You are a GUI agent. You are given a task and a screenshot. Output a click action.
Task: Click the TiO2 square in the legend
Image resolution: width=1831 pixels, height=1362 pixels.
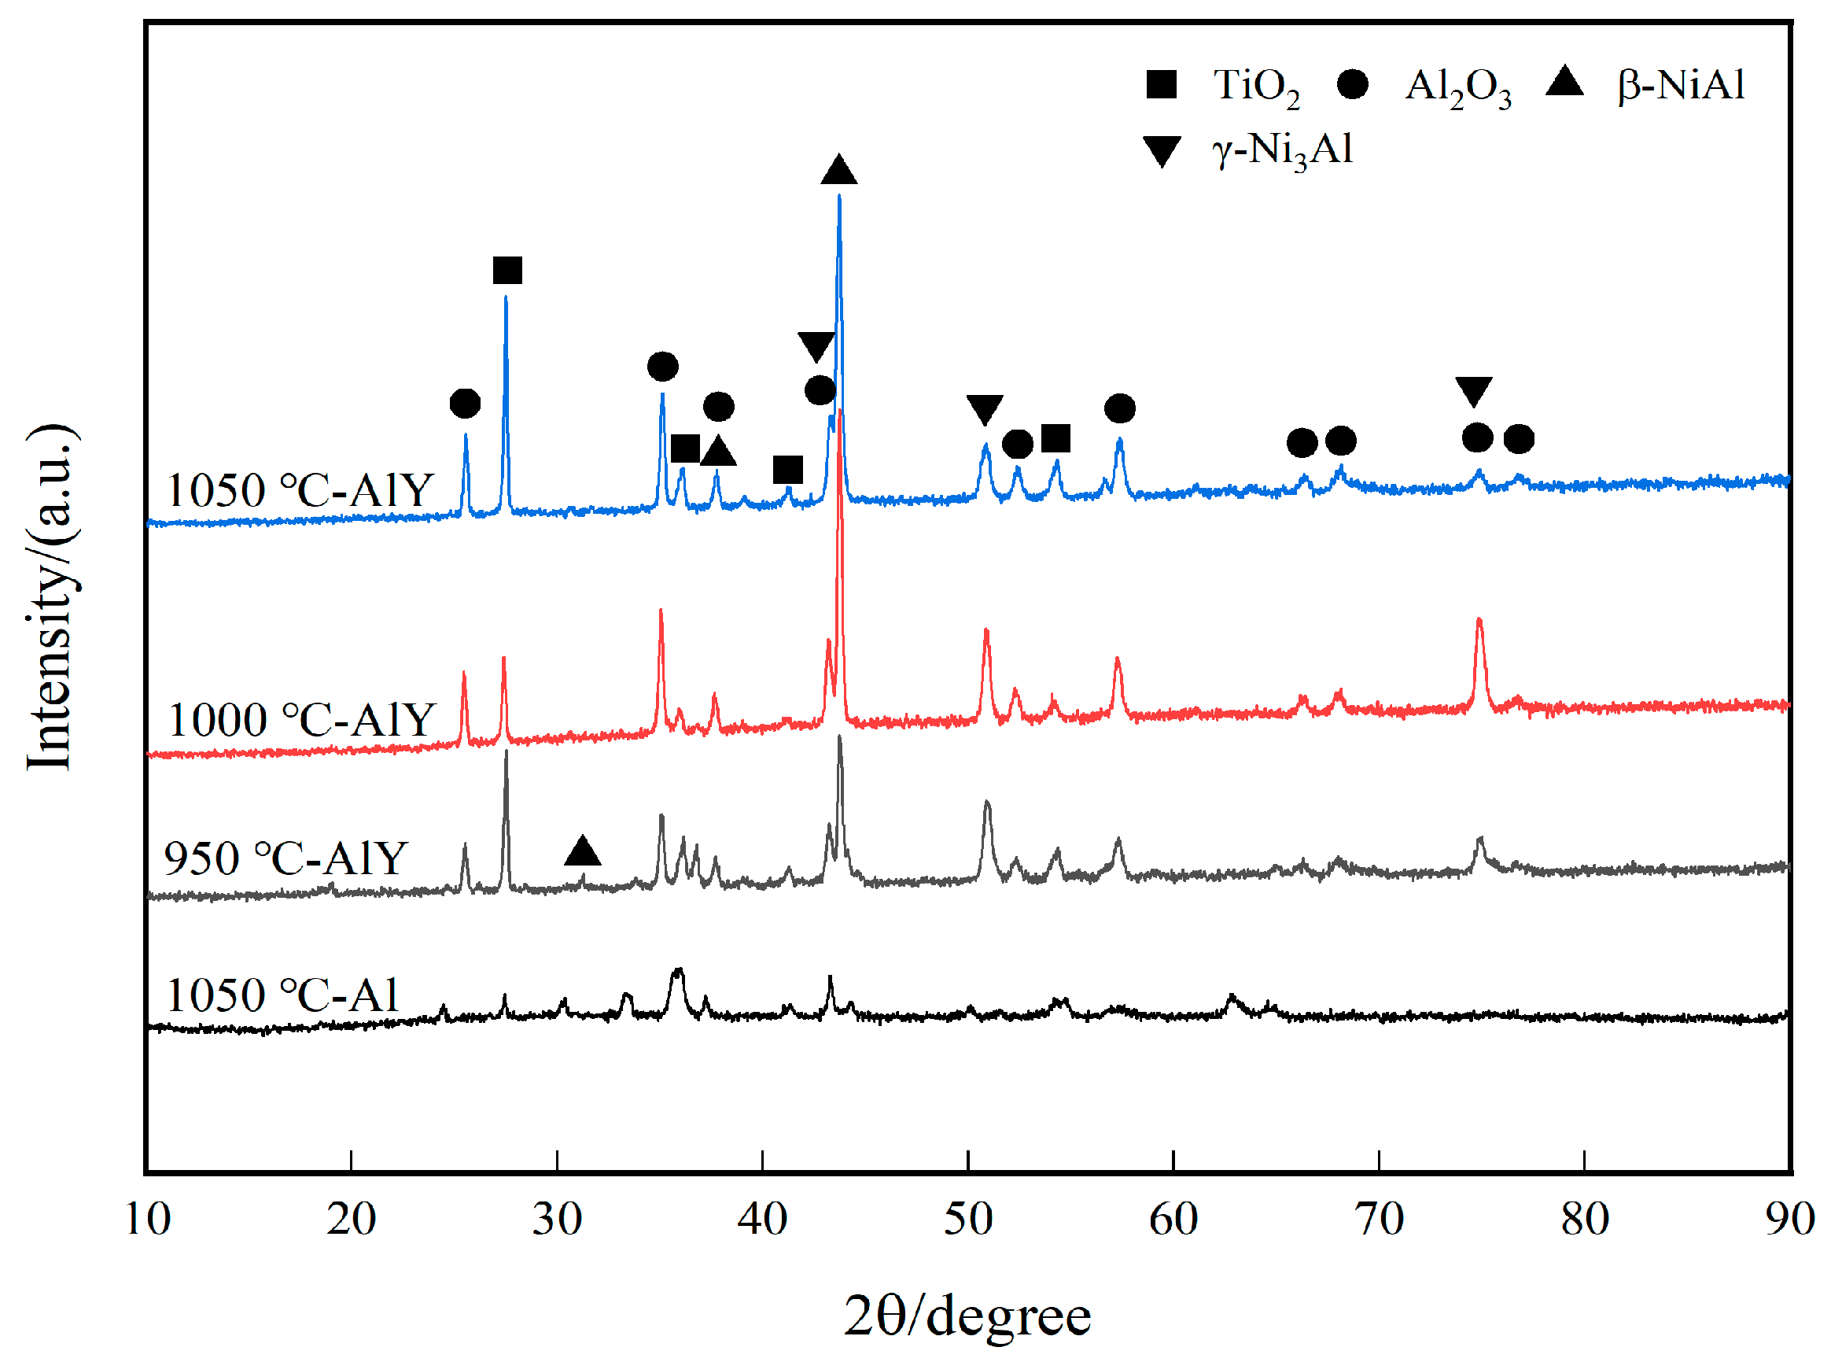tap(1160, 84)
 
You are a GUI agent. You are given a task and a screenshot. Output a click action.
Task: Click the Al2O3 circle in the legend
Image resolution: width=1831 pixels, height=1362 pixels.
tap(1352, 84)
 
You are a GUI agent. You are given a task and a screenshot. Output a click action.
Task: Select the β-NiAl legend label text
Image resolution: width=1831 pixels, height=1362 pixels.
tap(1680, 85)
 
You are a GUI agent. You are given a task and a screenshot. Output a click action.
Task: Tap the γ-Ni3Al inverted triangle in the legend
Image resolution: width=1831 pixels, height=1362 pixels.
tap(1162, 151)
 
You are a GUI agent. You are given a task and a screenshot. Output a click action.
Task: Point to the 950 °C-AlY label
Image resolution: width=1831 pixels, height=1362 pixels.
tap(286, 858)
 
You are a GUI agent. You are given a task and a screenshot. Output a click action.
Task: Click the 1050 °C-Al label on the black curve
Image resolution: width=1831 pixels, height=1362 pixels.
tap(282, 995)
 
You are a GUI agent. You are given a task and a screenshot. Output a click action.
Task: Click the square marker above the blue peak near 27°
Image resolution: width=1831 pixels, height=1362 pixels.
tap(507, 271)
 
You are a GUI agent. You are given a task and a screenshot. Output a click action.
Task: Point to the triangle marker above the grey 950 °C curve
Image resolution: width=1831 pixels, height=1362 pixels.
tap(583, 851)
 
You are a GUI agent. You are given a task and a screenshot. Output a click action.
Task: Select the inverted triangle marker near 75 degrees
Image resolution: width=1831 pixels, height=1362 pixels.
tap(1473, 391)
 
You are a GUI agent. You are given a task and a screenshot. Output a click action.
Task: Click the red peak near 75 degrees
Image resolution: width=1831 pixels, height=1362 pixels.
tap(1479, 620)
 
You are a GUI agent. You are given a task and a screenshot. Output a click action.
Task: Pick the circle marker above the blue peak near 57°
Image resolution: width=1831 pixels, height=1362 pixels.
tap(1119, 408)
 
